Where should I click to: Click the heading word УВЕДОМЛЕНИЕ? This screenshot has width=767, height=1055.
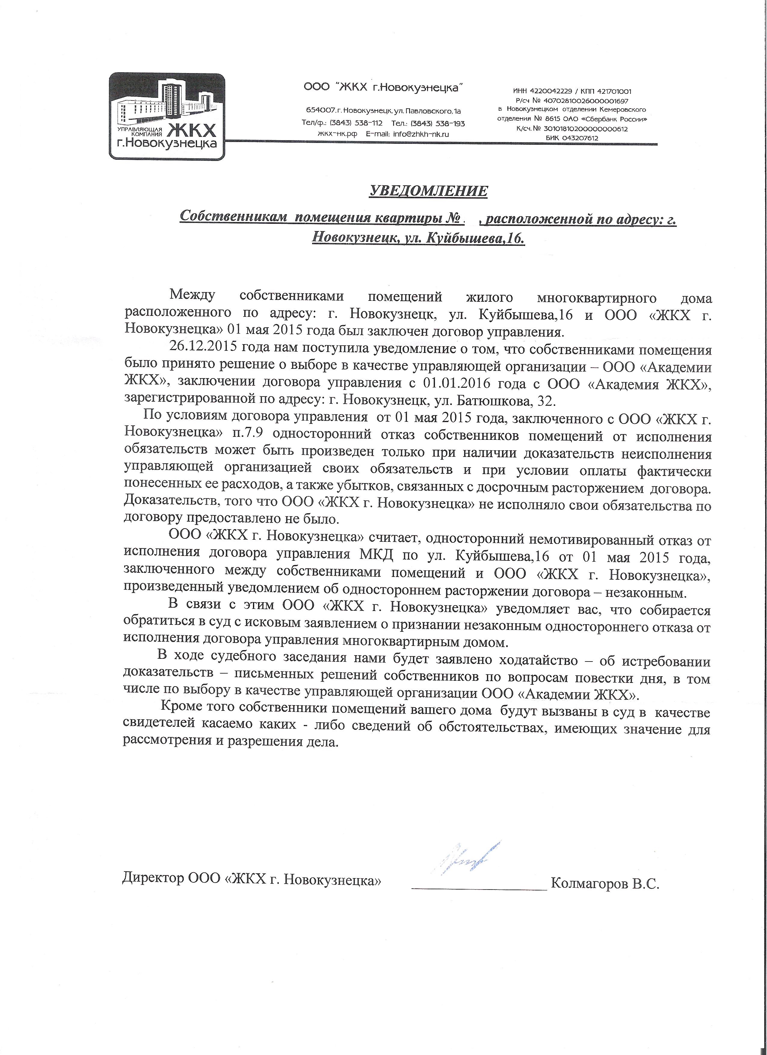pyautogui.click(x=428, y=191)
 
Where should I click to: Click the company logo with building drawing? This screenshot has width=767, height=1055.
pyautogui.click(x=169, y=116)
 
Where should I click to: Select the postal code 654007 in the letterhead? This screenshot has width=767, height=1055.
pyautogui.click(x=320, y=111)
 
